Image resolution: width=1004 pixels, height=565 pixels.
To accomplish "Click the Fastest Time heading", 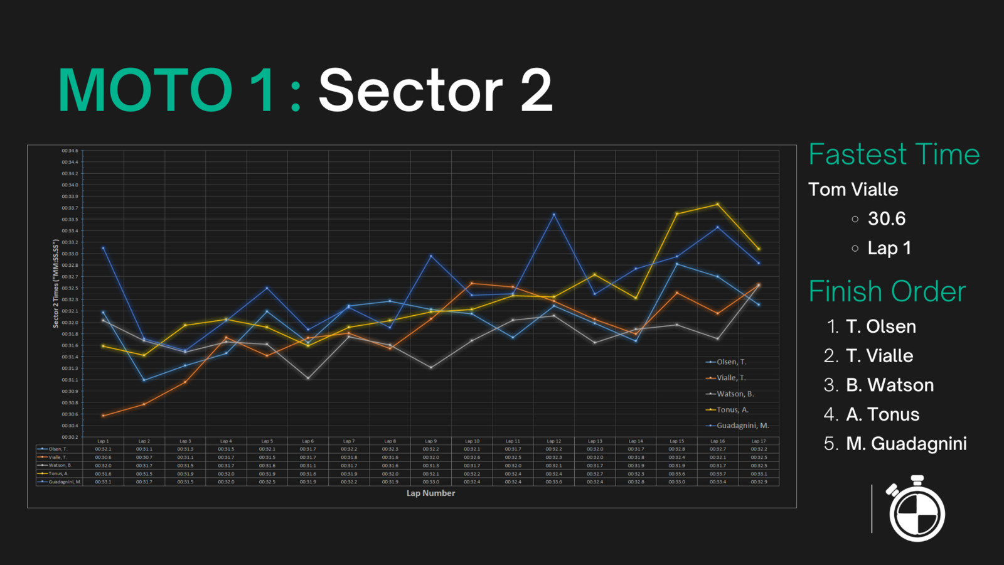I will [x=894, y=154].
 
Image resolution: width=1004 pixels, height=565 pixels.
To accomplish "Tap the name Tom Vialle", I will [x=853, y=190].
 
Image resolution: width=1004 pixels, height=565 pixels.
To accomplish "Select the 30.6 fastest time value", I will [x=886, y=218].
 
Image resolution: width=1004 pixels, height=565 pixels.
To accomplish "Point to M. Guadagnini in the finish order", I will [x=905, y=444].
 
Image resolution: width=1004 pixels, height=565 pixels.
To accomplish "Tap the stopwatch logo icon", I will [x=916, y=509].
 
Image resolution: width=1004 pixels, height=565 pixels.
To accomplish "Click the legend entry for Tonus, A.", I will [x=732, y=410].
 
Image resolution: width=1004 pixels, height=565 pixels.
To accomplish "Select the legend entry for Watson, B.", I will [x=735, y=394].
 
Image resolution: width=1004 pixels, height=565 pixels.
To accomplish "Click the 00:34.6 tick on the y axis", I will [x=70, y=151].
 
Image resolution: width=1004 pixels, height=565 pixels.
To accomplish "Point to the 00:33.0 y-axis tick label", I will [x=70, y=254].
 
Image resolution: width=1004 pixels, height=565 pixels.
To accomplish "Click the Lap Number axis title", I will [x=430, y=493].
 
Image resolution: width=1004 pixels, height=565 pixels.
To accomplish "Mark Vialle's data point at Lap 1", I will [x=104, y=416].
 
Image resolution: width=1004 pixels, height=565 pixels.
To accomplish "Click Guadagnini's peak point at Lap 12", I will [x=553, y=215].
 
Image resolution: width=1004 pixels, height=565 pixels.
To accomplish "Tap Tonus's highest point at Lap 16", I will [x=718, y=204].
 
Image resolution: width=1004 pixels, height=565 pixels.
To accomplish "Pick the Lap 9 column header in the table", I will [x=430, y=441].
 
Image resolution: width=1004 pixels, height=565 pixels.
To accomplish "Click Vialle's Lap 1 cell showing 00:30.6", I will [x=103, y=458].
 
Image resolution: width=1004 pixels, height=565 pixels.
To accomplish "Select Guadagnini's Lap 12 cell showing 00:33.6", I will [x=553, y=482].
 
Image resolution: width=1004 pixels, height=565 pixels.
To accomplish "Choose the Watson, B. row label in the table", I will [x=60, y=466].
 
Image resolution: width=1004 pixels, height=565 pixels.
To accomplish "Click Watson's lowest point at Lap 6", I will [x=308, y=378].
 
